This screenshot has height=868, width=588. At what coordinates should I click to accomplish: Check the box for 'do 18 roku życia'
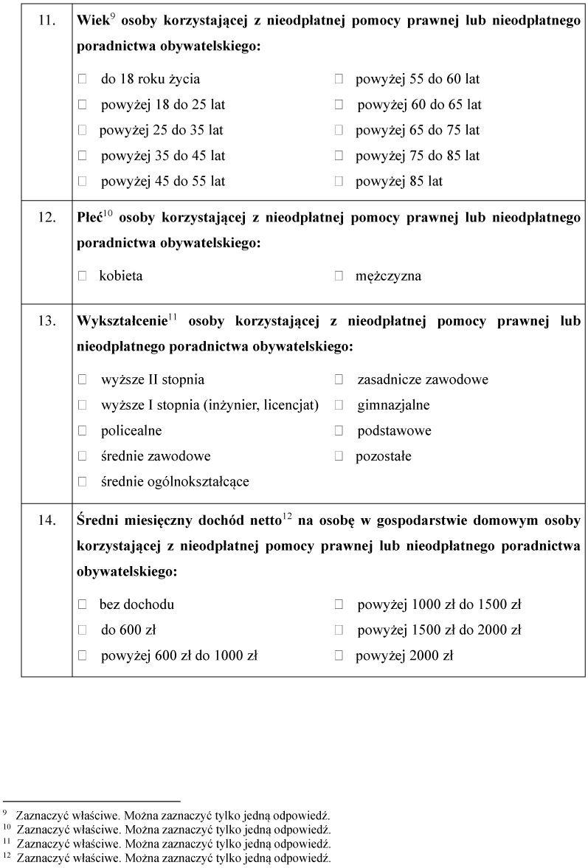click(x=83, y=79)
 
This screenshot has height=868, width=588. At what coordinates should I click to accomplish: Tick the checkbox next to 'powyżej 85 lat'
click(x=339, y=181)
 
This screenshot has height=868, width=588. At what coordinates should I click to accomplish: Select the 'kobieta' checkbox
click(x=83, y=276)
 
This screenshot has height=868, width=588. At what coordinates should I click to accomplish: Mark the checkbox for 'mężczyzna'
click(x=339, y=276)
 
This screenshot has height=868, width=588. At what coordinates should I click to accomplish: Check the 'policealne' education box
click(x=83, y=431)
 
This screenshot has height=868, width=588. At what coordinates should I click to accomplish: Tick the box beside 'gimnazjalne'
click(x=339, y=405)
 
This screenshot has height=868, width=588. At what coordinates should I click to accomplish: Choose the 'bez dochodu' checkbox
click(x=83, y=604)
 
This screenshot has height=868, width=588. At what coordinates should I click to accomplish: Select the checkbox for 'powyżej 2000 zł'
click(x=339, y=655)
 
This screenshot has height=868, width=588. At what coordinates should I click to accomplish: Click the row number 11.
click(x=46, y=20)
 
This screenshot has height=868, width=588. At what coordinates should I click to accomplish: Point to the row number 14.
click(x=46, y=521)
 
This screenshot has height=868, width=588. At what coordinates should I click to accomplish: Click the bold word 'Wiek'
click(x=92, y=21)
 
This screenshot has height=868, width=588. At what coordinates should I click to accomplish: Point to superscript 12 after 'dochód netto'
click(x=288, y=517)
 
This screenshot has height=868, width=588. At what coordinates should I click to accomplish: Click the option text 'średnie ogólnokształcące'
click(x=175, y=482)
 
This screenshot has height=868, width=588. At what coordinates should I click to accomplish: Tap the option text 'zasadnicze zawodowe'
click(x=423, y=380)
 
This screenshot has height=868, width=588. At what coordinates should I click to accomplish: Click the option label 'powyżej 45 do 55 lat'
click(x=163, y=181)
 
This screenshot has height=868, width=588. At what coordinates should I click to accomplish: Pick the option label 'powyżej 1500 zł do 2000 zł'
click(x=440, y=630)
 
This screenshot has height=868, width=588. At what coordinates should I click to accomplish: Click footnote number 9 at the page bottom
click(x=6, y=813)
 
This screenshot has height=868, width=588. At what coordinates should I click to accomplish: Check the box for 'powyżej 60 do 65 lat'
click(x=339, y=105)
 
